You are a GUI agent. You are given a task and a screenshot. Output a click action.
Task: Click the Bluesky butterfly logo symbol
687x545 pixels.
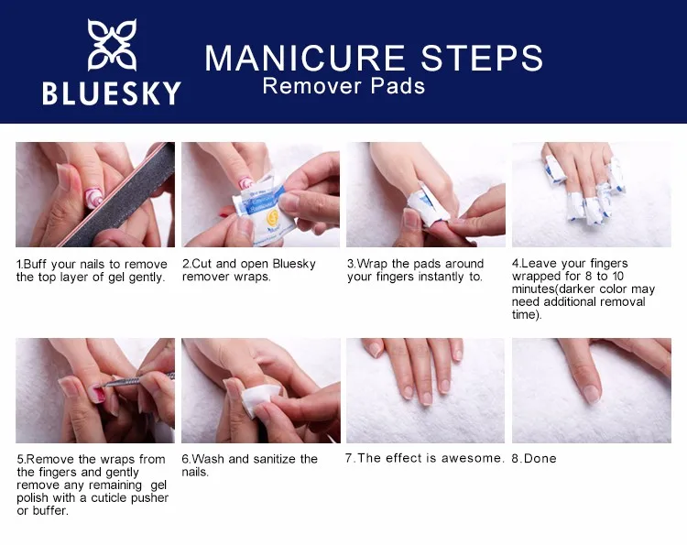coord(112,44)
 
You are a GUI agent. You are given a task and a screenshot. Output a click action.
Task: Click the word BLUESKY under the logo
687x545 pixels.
coord(112,93)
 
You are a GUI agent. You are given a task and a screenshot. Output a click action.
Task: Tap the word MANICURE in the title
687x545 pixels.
coord(305,58)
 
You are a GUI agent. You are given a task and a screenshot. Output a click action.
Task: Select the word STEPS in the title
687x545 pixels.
coord(482,58)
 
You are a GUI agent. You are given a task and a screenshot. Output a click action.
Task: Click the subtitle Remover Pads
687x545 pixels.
coord(343,86)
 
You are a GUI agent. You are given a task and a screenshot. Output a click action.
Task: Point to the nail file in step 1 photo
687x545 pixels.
coord(118,195)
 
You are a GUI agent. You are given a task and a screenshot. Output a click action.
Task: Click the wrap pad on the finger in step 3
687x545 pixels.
coord(427,203)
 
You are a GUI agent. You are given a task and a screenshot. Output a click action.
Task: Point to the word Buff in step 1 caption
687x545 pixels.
coord(35,265)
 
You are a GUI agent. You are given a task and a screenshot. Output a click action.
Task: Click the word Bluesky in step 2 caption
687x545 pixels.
coord(294,264)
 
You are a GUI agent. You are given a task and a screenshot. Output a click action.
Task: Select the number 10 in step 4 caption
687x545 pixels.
coord(617,277)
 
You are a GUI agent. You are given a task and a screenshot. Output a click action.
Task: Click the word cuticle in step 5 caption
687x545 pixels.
coord(107,498)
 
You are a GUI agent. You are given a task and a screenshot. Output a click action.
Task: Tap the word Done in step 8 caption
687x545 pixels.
coord(540,459)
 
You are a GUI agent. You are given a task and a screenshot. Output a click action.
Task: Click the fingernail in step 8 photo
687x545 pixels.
coord(592,394)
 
